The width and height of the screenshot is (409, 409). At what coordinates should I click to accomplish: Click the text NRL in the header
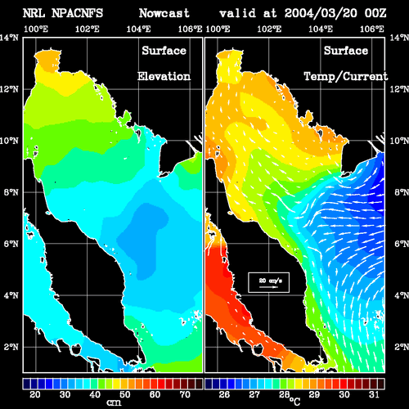point(34,13)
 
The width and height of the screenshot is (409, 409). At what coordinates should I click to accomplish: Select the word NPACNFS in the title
point(77,13)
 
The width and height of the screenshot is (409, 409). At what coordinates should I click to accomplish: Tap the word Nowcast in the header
point(164,13)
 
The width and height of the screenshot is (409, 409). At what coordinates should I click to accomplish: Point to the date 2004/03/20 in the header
point(321,13)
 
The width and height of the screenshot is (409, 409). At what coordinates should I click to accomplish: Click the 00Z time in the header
point(375,13)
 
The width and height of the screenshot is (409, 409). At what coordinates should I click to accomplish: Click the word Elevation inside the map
point(164,76)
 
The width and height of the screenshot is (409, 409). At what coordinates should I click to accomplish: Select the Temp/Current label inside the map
point(346,77)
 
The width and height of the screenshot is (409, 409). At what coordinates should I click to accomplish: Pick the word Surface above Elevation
point(164,51)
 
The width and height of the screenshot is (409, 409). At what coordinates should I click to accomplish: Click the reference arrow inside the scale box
point(268,287)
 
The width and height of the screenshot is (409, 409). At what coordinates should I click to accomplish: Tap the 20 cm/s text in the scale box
point(270,281)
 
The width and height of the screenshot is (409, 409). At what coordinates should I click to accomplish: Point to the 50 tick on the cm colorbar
point(124,394)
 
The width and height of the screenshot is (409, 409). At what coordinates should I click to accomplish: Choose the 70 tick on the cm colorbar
point(185,394)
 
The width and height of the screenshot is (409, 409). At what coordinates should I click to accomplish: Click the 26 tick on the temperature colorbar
point(224,394)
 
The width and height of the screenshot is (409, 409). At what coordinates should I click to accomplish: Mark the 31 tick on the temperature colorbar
point(374,394)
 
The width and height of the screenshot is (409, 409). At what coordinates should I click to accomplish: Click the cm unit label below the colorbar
point(114,402)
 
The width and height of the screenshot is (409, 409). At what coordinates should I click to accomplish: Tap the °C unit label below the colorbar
point(294,401)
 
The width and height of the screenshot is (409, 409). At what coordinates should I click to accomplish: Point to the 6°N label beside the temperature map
point(402,244)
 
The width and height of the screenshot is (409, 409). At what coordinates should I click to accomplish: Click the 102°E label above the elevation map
point(88,29)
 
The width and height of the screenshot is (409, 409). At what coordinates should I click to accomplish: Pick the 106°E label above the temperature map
point(372,29)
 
